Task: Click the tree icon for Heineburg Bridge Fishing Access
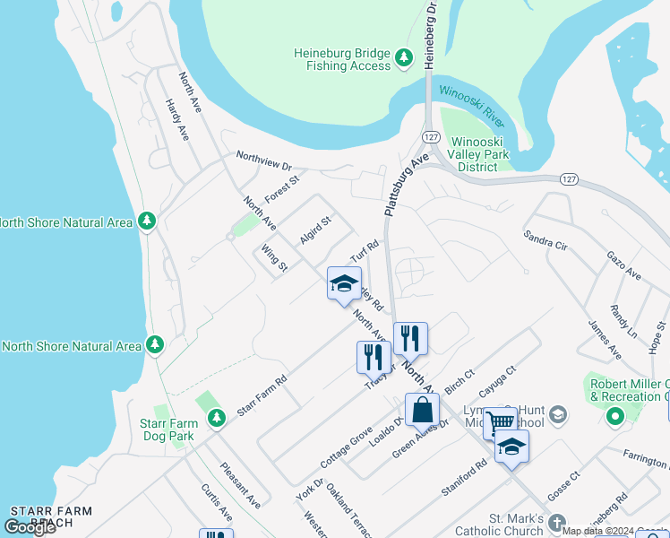click(404, 58)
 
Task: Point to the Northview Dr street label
click(264, 161)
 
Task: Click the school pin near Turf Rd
click(343, 284)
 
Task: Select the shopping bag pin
click(422, 410)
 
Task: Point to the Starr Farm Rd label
click(262, 395)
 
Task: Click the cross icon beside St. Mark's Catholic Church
click(557, 522)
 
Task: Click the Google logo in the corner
click(30, 526)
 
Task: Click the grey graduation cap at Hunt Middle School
click(558, 414)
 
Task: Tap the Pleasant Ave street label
click(240, 484)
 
